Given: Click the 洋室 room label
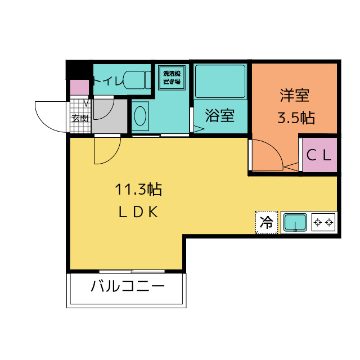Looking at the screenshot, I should click(295, 96).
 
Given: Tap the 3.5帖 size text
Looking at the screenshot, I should click(295, 118).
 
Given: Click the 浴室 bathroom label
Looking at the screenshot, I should click(219, 116).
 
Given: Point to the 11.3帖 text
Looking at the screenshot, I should click(138, 190).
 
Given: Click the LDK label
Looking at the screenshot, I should click(138, 213).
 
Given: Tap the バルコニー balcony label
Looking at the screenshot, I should click(128, 287).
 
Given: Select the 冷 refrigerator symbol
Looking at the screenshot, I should click(267, 222).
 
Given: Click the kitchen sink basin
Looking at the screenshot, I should click(294, 223).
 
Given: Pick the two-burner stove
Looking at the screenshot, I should click(323, 223).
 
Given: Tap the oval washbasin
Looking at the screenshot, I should click(140, 116).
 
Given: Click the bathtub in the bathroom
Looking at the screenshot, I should click(220, 82).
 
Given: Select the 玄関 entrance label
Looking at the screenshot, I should click(80, 118).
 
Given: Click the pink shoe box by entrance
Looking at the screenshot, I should click(79, 88).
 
